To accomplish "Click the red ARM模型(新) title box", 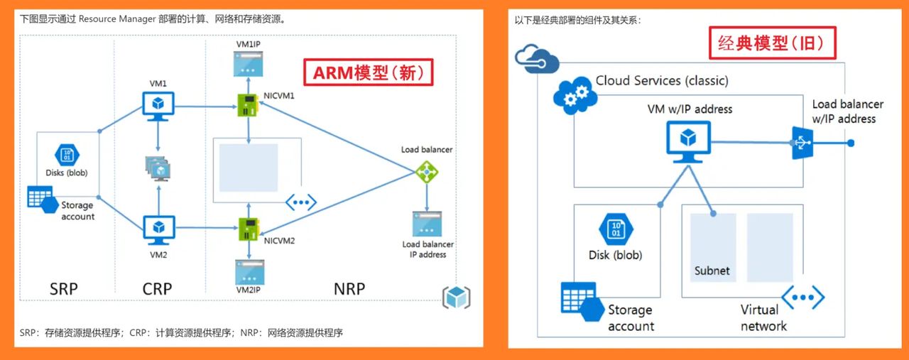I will [x=368, y=72].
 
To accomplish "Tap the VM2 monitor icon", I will [x=158, y=229].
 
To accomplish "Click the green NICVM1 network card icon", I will [x=248, y=107].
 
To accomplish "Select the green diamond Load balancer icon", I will [x=426, y=170].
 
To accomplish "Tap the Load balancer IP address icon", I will [x=427, y=223].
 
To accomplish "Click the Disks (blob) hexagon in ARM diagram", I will [x=67, y=155].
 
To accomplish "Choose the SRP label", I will [x=64, y=289].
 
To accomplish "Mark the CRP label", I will [x=158, y=289].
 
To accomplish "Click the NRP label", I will [x=349, y=289].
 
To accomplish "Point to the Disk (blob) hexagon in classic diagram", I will [x=615, y=230].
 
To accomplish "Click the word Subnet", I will [x=712, y=271].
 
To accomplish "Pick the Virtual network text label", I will [x=763, y=318].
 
